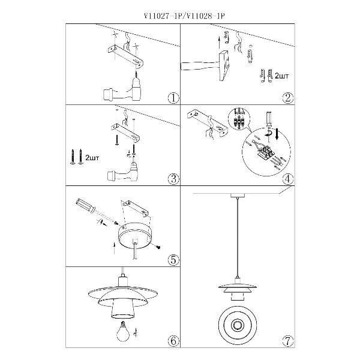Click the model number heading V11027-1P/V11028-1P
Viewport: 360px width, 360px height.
(x=184, y=16)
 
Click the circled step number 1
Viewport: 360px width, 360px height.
(x=173, y=98)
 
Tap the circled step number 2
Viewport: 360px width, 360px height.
(x=288, y=98)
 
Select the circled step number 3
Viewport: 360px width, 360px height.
(x=173, y=179)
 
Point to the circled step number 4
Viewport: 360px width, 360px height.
(x=288, y=179)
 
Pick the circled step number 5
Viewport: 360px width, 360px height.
(x=173, y=260)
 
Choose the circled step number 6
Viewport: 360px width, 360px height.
(x=173, y=341)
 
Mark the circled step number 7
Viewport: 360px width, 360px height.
(x=288, y=341)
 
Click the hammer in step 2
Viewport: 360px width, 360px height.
(x=205, y=65)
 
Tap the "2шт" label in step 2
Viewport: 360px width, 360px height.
(x=281, y=76)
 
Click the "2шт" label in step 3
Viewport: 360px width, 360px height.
(x=92, y=158)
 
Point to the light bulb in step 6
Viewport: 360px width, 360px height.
(x=122, y=332)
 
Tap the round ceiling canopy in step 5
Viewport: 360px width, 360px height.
(x=134, y=237)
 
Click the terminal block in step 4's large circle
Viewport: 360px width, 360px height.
(x=266, y=151)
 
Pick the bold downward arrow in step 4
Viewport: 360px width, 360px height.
(x=277, y=134)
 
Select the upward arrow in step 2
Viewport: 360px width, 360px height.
(x=220, y=43)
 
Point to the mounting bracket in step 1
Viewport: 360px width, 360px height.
(x=126, y=56)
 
